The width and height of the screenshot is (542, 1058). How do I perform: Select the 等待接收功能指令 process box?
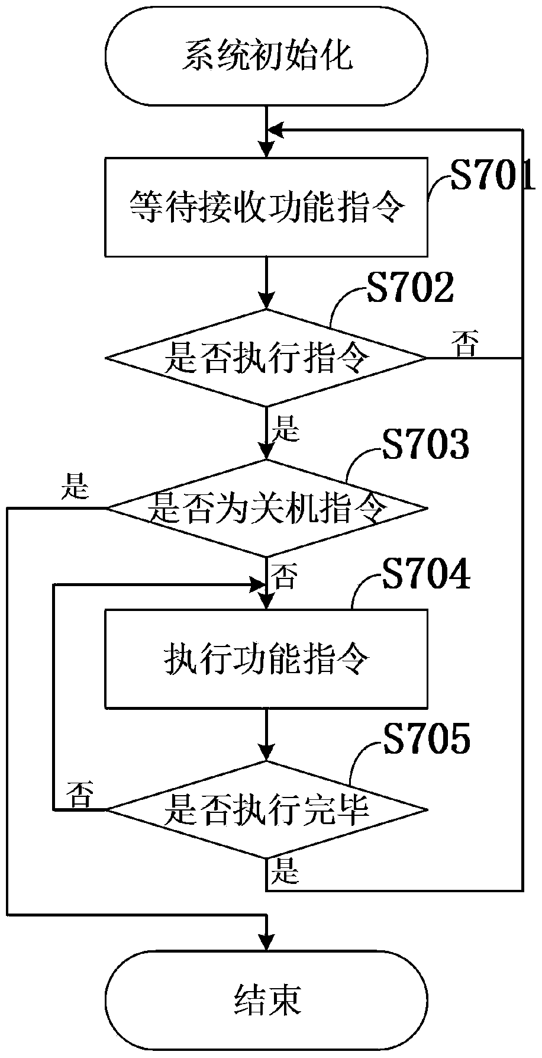[266, 207]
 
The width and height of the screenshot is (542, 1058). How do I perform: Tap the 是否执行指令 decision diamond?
[266, 358]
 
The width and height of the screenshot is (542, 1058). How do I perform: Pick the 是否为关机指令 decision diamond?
[266, 508]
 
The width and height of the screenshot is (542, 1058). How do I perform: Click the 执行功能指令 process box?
[266, 658]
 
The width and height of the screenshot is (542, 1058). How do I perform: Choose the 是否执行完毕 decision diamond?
[266, 809]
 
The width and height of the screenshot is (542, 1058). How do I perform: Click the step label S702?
[409, 289]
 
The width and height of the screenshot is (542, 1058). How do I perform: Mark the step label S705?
[425, 739]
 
